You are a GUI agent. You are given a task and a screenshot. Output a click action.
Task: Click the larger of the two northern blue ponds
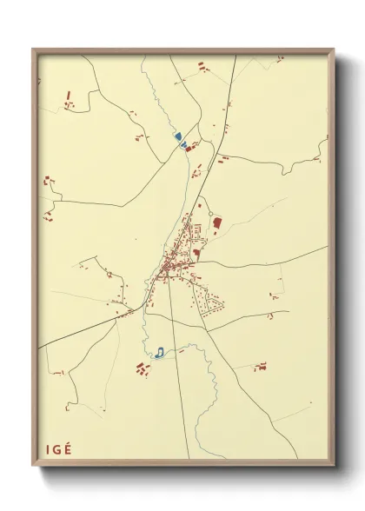[x=177, y=136]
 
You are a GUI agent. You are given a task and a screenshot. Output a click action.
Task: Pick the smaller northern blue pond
[x=183, y=145]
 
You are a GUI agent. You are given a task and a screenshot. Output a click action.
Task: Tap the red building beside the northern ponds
[x=191, y=144]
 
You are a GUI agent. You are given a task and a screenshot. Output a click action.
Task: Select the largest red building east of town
[x=216, y=223]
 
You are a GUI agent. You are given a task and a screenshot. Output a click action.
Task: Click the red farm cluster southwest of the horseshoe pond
[x=143, y=368]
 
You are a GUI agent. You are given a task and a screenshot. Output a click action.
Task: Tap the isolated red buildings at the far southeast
[x=259, y=367]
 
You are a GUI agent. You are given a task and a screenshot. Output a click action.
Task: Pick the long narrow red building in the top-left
[x=68, y=93]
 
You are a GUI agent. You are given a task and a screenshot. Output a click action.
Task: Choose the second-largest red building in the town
[x=197, y=254]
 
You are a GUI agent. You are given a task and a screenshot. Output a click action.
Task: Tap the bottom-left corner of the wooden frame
[x=33, y=466]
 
